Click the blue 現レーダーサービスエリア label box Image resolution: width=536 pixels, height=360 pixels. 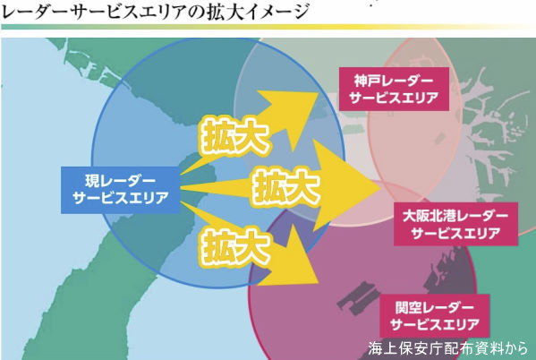(120, 190)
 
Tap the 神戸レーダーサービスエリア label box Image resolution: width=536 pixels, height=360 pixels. (394, 89)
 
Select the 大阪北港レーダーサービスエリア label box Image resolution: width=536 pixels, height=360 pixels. (455, 224)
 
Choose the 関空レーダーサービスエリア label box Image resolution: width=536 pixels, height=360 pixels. (435, 316)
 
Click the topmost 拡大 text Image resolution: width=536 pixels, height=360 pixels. (234, 136)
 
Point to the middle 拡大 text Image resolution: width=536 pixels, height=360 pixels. (286, 187)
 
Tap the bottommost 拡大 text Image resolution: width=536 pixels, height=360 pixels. (234, 247)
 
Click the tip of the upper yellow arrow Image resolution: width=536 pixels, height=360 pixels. (319, 93)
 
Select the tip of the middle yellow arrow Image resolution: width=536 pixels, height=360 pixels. (381, 187)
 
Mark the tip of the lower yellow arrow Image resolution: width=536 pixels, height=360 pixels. (318, 283)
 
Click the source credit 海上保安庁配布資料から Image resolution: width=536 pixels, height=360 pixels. (448, 348)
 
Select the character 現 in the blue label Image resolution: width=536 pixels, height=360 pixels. (91, 181)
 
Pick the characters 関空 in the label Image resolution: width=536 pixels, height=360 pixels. (408, 307)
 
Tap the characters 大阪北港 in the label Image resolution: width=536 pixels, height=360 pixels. (429, 216)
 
